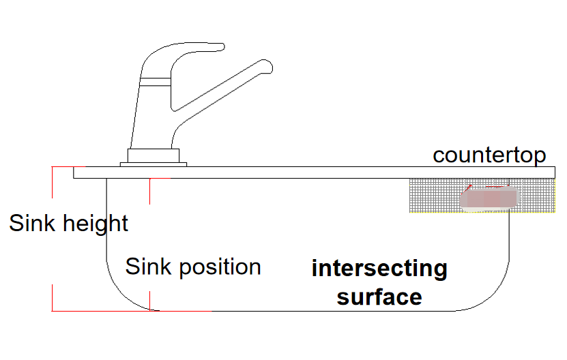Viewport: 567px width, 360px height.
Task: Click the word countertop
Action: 489,155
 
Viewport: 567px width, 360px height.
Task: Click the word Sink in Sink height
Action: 31,223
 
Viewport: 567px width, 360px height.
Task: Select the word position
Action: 220,267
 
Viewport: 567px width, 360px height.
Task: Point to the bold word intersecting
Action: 379,269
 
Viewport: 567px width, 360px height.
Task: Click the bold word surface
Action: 379,297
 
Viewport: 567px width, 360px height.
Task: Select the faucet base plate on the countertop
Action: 153,164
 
